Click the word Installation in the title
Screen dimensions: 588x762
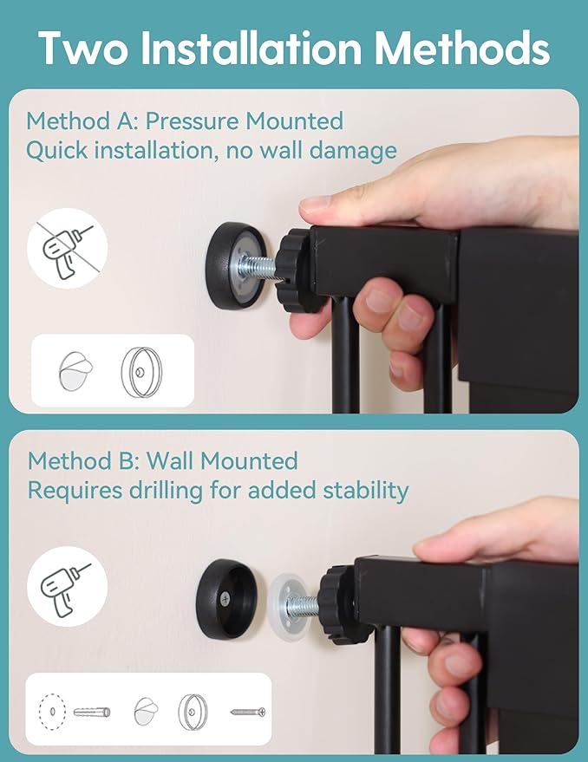[x=251, y=48]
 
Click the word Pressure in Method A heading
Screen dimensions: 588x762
[x=193, y=121]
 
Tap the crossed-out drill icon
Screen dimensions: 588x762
[x=67, y=248]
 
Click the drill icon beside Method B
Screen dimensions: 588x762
[x=67, y=586]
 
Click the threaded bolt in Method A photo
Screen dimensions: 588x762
[x=258, y=267]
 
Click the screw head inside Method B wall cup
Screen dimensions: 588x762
[x=225, y=599]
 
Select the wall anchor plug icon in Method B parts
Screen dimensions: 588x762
[x=92, y=713]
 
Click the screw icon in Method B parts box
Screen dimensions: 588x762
[x=248, y=713]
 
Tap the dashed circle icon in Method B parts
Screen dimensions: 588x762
[x=52, y=712]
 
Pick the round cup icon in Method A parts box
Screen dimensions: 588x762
[x=141, y=372]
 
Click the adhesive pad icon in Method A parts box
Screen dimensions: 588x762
[x=75, y=371]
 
